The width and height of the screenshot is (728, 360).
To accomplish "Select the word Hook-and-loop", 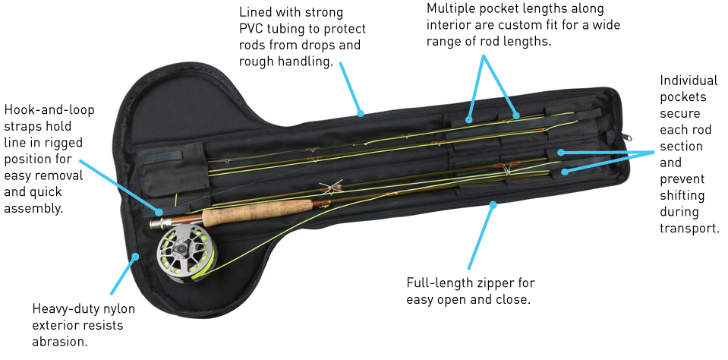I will tap(49, 110).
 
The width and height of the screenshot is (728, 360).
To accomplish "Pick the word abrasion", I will tap(60, 342).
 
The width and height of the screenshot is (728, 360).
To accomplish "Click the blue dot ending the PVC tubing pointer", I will tap(361, 115).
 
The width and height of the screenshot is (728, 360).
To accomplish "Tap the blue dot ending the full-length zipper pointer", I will tap(493, 204).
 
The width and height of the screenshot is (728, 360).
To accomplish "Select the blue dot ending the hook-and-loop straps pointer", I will tap(159, 212).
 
